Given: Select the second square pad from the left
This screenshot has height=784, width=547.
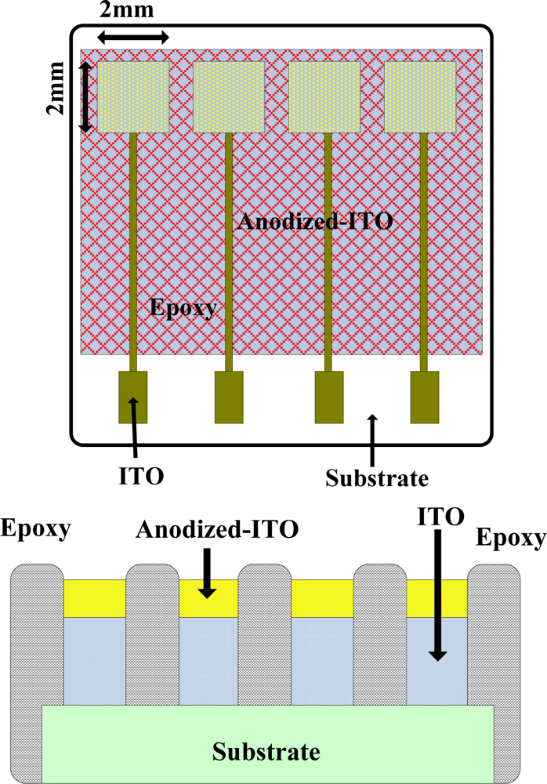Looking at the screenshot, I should (229, 96).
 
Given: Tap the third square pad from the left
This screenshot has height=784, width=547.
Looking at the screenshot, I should (324, 96).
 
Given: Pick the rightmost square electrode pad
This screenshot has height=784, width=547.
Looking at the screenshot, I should (420, 96).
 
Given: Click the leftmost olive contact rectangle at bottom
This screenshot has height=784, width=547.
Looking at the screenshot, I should (133, 397).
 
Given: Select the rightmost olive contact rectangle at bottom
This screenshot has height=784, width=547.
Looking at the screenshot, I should (425, 397).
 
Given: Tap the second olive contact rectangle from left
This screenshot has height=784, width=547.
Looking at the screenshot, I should (230, 397).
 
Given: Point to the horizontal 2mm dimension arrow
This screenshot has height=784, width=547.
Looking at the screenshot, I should (133, 37).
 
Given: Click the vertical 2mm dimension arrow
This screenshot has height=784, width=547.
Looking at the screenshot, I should (87, 96).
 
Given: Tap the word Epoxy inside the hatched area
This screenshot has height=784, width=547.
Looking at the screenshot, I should (183, 307).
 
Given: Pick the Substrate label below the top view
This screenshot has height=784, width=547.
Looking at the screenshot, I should (377, 477).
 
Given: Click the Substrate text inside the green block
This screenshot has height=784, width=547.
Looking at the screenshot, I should (267, 752).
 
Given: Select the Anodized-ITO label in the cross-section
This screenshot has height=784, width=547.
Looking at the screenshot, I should (217, 530).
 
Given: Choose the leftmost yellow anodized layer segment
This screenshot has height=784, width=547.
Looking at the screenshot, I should (94, 598).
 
